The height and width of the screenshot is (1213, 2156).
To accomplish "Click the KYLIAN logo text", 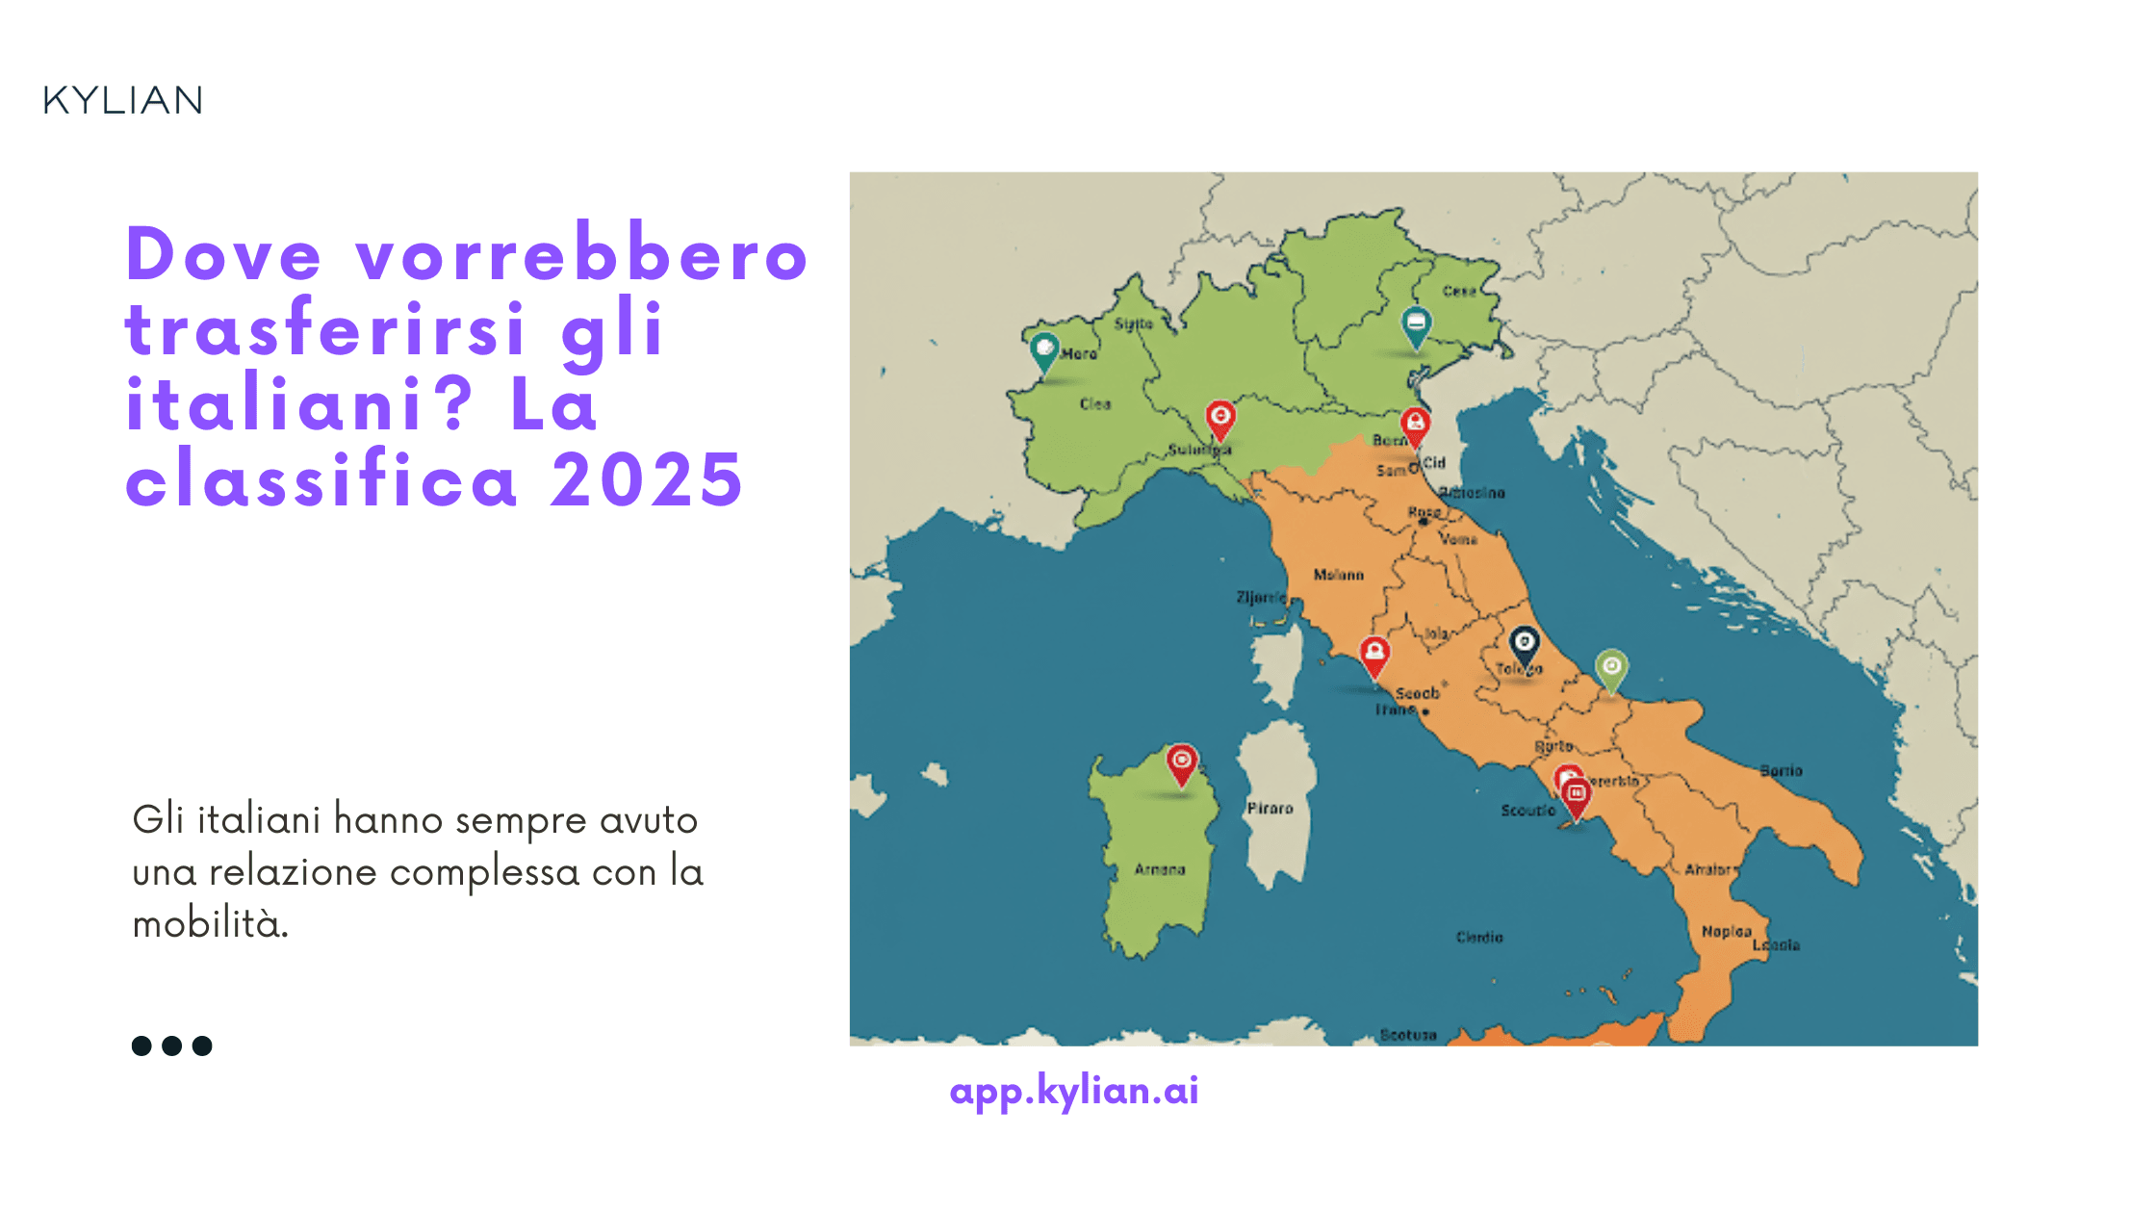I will tap(123, 100).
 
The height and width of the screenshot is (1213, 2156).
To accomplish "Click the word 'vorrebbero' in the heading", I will tap(581, 255).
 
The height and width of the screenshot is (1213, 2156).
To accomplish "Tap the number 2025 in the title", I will tap(647, 479).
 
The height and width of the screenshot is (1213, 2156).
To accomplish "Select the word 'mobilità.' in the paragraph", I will tap(211, 924).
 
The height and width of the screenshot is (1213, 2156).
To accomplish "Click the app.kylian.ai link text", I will tap(1074, 1091).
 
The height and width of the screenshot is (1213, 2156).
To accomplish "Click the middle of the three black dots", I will tap(171, 1045).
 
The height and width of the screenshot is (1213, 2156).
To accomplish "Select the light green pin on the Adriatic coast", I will tap(1611, 667).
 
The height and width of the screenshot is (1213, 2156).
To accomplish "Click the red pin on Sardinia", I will tap(1181, 763).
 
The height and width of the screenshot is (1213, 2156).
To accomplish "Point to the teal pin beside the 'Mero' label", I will tap(1044, 349).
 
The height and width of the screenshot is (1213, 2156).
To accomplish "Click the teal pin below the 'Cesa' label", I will tap(1415, 324).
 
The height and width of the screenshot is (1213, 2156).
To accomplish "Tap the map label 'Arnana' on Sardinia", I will tap(1160, 869).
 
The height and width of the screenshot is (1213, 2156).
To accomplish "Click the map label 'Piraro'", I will tap(1270, 809).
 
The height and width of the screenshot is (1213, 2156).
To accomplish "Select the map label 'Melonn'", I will tap(1339, 575).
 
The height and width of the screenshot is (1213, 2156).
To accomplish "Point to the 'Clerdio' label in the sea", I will tap(1479, 937).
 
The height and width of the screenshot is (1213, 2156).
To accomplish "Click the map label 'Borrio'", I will tap(1781, 771).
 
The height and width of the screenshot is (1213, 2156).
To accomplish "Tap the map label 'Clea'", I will tap(1095, 404).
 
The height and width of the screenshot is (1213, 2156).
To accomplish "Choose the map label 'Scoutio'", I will tap(1527, 811).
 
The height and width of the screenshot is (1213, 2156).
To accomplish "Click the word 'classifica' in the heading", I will tap(322, 479).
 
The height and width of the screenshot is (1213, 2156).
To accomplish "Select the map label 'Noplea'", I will tap(1726, 931).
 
